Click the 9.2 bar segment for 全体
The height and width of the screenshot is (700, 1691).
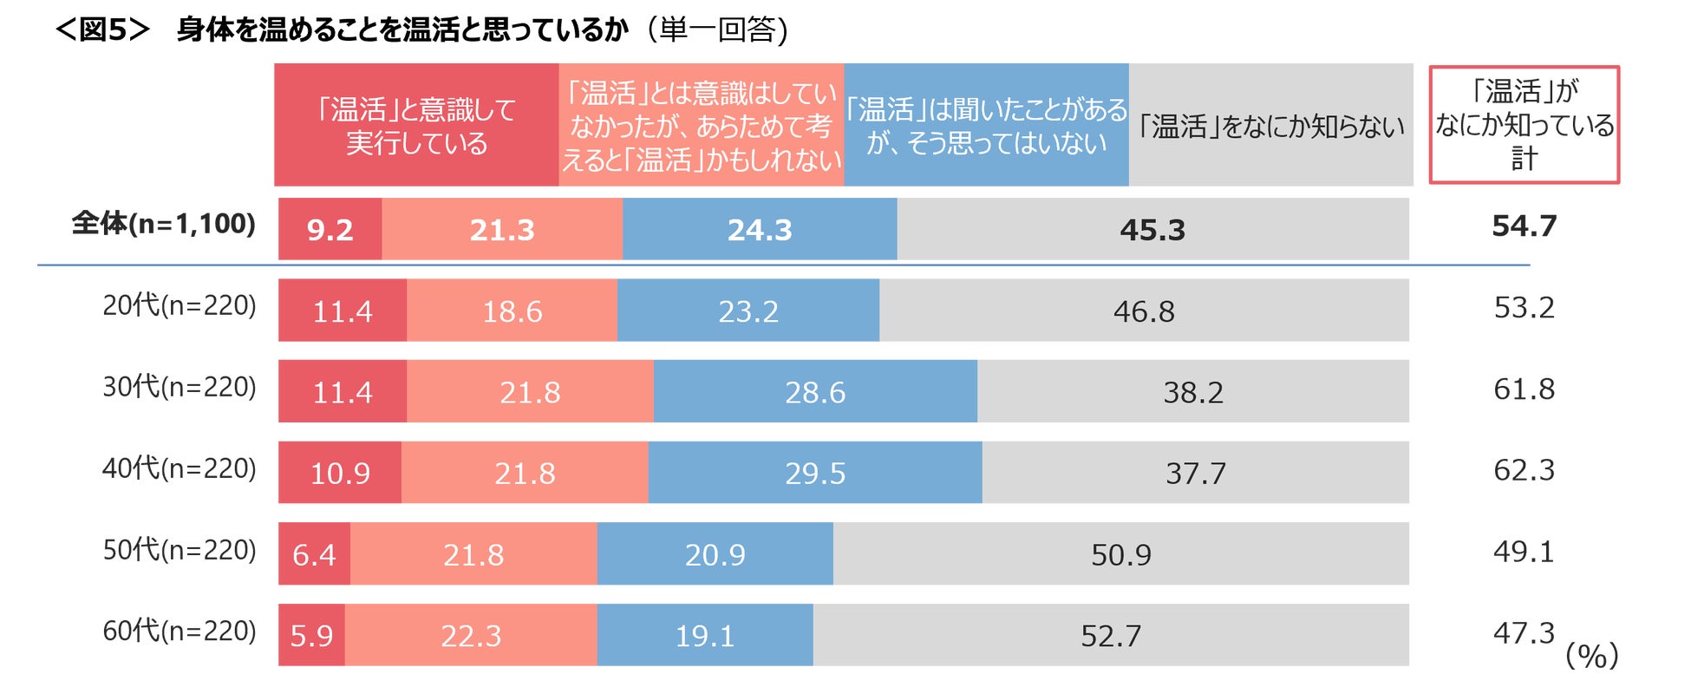(x=330, y=229)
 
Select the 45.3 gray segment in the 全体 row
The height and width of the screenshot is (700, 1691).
(x=1152, y=229)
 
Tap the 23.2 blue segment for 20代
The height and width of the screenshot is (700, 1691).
(x=748, y=311)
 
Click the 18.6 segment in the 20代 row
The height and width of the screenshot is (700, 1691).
(x=512, y=311)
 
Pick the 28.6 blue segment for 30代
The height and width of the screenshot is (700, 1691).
(x=815, y=392)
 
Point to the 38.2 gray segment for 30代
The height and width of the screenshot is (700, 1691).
(x=1193, y=392)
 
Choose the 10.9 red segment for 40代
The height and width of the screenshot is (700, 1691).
(x=340, y=473)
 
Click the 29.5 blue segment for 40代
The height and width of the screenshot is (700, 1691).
(x=815, y=473)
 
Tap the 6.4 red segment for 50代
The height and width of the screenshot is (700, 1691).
(x=314, y=554)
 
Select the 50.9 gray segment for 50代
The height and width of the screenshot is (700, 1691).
(x=1121, y=554)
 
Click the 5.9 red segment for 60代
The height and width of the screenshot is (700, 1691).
(x=311, y=636)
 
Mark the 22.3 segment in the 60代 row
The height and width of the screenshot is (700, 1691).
(x=471, y=636)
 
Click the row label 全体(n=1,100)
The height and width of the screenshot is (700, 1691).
(x=164, y=224)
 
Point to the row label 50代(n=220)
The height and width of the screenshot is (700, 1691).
(x=180, y=550)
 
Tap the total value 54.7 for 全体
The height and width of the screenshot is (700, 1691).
(x=1524, y=226)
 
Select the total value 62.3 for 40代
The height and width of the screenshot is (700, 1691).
(x=1524, y=470)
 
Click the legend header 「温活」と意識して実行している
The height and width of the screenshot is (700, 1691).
(x=416, y=125)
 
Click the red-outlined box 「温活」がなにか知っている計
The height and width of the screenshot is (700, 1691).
(x=1524, y=125)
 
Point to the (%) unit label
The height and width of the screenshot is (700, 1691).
(x=1591, y=656)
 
